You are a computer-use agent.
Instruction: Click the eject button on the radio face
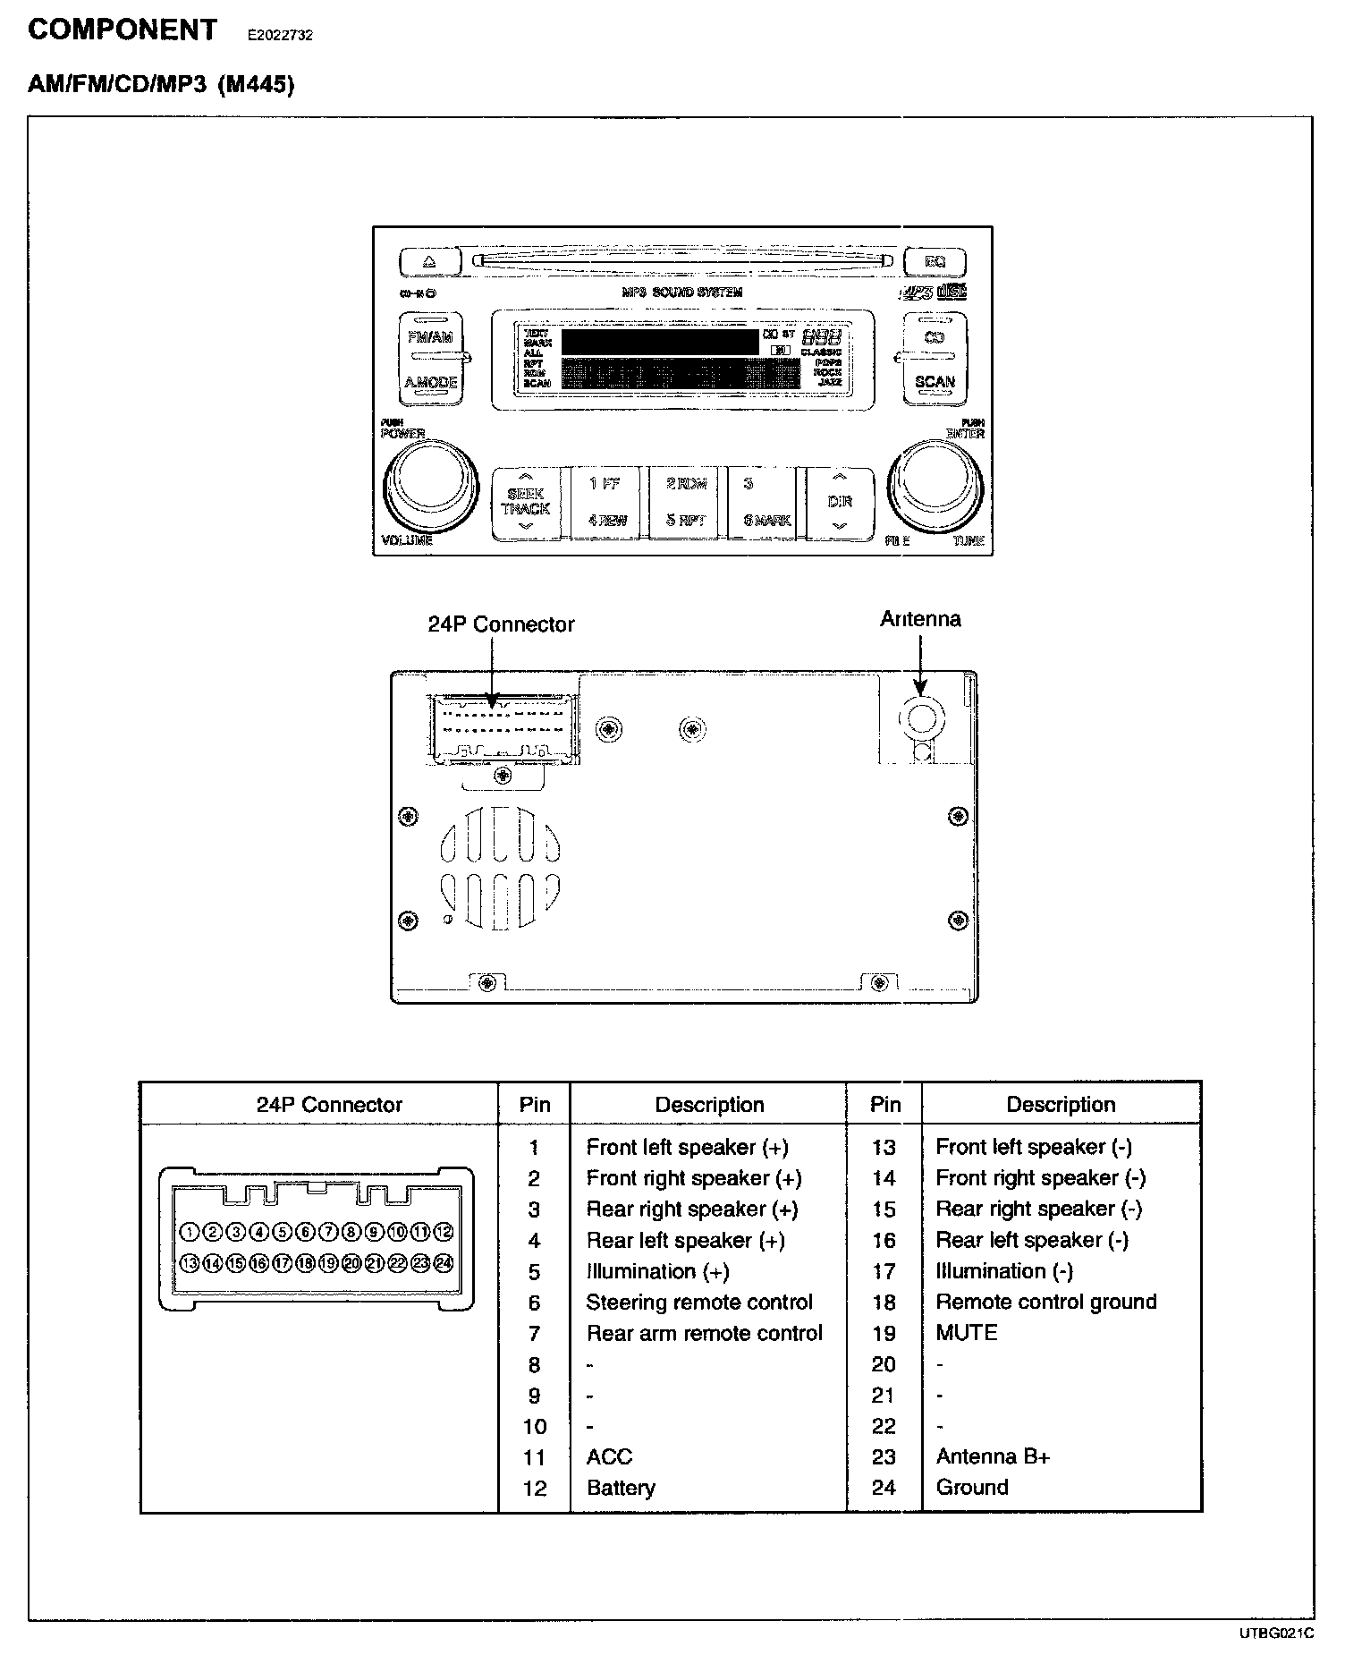coord(428,263)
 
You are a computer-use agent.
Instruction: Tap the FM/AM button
coord(430,336)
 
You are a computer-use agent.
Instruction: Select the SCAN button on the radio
coord(935,382)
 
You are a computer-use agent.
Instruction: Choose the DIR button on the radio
coord(839,503)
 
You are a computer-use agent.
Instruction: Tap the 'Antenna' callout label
coord(920,619)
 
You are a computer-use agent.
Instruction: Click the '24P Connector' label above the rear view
coord(501,624)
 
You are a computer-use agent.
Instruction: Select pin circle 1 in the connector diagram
coord(189,1232)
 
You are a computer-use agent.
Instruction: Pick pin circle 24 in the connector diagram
coord(444,1263)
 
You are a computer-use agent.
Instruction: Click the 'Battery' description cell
coord(621,1488)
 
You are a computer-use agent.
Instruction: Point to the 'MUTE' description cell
coord(966,1332)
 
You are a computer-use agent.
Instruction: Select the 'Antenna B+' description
coord(993,1456)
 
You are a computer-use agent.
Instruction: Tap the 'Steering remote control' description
coord(699,1302)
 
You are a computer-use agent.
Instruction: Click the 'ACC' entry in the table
coord(609,1456)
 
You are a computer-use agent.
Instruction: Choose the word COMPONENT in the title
coord(123,30)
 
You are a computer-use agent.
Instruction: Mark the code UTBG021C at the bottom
coord(1276,1634)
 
